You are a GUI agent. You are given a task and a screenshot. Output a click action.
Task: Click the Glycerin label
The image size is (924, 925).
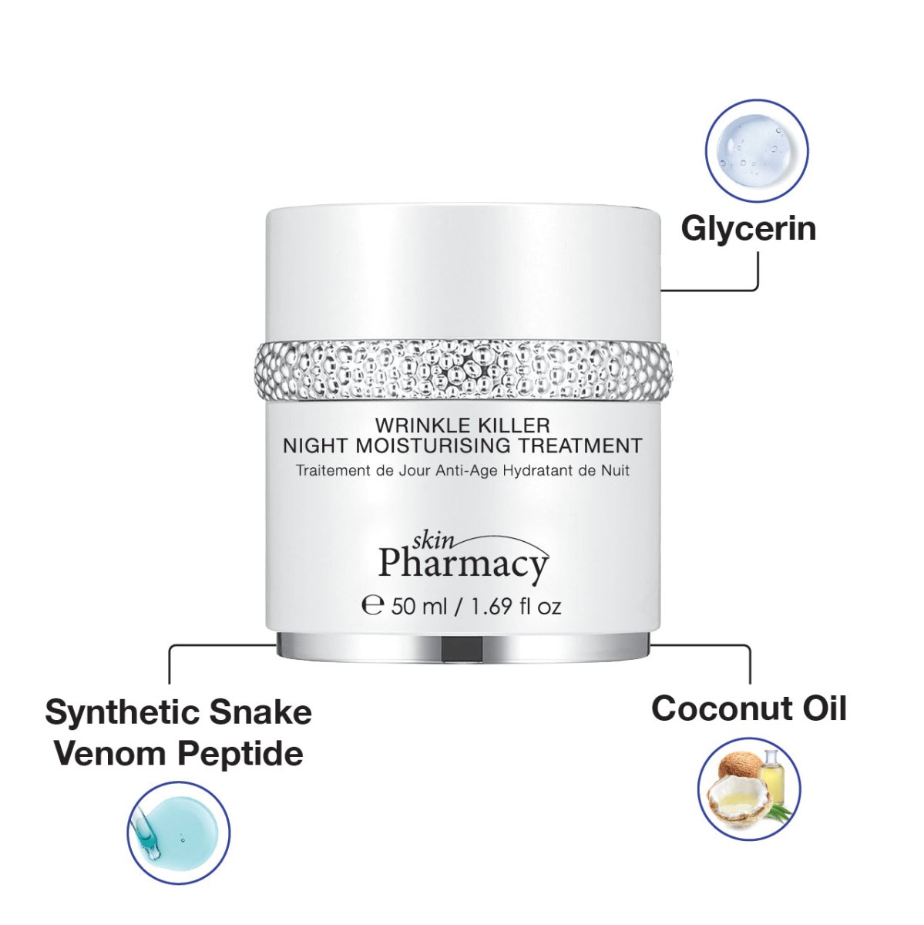[748, 229]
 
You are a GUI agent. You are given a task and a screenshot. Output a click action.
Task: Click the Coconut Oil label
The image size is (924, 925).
[748, 708]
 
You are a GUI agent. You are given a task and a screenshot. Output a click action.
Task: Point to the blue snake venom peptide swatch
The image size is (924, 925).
[178, 833]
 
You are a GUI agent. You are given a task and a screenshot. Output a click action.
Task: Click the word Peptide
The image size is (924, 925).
[240, 753]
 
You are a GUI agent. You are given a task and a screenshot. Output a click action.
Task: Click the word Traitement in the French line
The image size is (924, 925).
[333, 470]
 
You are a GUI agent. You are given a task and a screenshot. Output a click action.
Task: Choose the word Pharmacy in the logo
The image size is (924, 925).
[463, 564]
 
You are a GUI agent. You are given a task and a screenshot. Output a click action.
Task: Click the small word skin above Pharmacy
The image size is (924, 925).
[432, 540]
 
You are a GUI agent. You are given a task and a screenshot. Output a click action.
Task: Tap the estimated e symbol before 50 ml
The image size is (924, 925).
[373, 605]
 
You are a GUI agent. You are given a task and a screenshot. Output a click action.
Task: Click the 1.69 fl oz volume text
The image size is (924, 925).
[516, 606]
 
